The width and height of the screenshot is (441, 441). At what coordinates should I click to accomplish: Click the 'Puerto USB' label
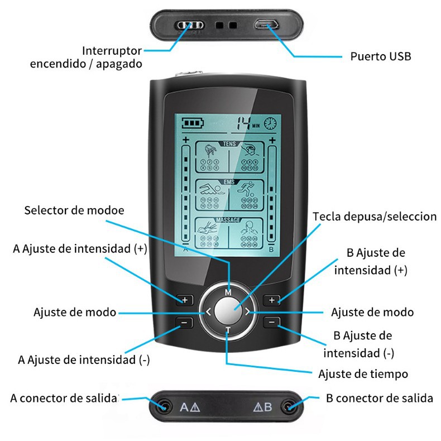pyautogui.click(x=380, y=56)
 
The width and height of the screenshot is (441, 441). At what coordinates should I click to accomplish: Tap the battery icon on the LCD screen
pyautogui.click(x=194, y=123)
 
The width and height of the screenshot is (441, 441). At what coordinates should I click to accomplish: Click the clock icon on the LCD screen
pyautogui.click(x=271, y=123)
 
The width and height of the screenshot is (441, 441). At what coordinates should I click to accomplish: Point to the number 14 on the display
pyautogui.click(x=244, y=123)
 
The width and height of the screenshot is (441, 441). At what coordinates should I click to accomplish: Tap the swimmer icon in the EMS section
pyautogui.click(x=210, y=189)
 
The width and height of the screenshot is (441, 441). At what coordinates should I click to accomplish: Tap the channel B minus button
pyautogui.click(x=272, y=322)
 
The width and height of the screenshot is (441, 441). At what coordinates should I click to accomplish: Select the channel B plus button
pyautogui.click(x=272, y=300)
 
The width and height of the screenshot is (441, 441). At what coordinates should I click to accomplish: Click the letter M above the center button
pyautogui.click(x=228, y=292)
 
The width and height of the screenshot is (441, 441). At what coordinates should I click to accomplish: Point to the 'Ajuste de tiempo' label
pyautogui.click(x=363, y=373)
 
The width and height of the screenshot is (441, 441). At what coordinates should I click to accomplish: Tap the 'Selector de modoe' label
pyautogui.click(x=74, y=210)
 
